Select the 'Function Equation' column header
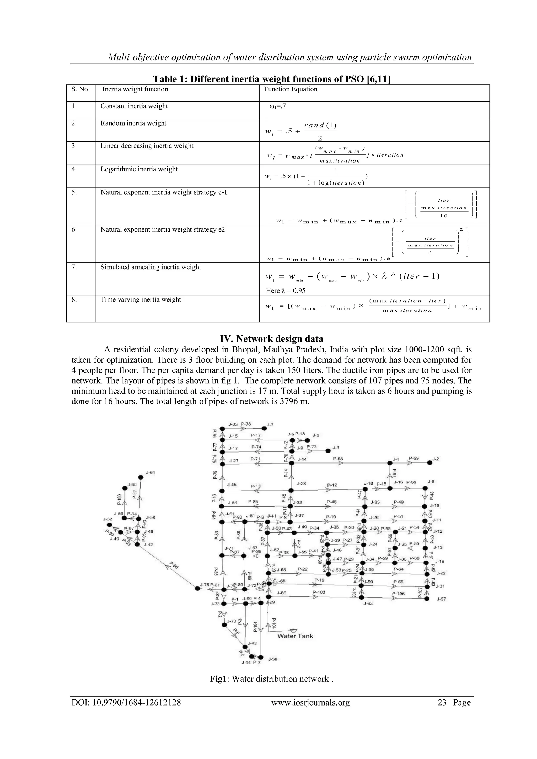tap(290, 89)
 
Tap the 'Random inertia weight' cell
tap(133, 123)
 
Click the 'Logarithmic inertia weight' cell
tap(139, 169)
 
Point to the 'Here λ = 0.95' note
tap(286, 290)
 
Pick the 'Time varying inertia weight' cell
tap(141, 299)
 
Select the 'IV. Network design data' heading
tap(271, 338)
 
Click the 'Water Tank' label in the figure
tap(295, 636)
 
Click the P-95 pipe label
tap(174, 565)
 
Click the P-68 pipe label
tap(338, 459)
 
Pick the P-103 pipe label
tap(319, 592)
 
